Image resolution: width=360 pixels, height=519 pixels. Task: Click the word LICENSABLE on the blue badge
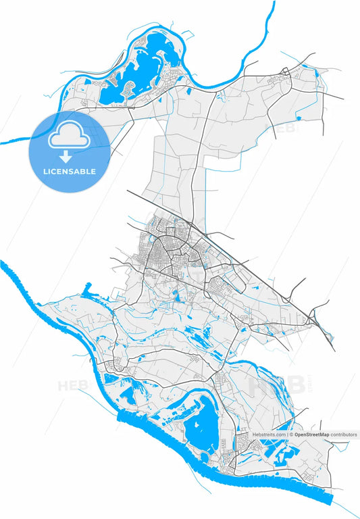(70, 172)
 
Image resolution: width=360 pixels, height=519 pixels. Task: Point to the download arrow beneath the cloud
(70, 157)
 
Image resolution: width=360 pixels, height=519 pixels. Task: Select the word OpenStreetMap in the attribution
(311, 435)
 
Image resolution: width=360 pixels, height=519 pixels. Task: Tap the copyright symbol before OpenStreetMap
(291, 435)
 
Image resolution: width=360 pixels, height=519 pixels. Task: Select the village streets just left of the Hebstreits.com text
(241, 443)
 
